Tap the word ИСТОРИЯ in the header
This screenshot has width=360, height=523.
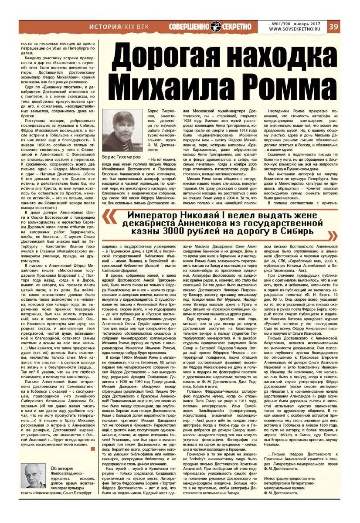click(103, 27)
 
